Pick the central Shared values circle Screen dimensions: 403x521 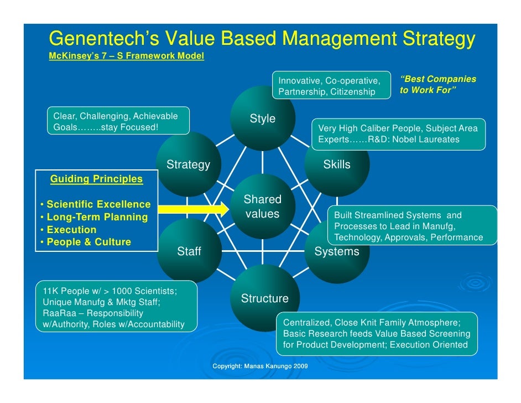point(263,207)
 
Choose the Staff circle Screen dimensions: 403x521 point(189,251)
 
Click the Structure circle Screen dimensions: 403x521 point(264,299)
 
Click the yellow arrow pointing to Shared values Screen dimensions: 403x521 point(193,209)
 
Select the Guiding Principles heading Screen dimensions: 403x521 point(96,179)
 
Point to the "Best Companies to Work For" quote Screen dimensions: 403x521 point(437,85)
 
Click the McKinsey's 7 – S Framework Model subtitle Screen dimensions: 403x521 point(126,56)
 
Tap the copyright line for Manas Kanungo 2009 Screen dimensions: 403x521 point(260,366)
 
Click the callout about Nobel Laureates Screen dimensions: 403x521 point(398,134)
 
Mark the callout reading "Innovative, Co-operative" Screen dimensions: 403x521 point(330,86)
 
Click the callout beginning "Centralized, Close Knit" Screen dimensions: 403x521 point(377,334)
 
